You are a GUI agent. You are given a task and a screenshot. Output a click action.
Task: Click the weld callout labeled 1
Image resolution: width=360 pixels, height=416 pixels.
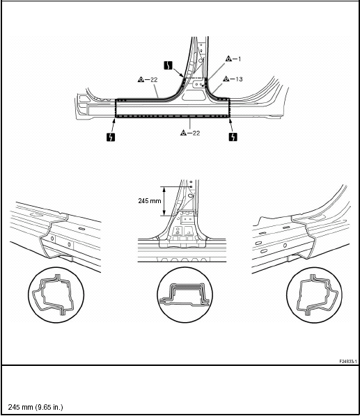[233, 58]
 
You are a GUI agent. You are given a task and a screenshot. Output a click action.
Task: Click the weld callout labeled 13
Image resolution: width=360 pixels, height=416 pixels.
[233, 79]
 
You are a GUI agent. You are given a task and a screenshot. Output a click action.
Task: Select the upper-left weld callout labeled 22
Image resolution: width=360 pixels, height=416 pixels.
[148, 79]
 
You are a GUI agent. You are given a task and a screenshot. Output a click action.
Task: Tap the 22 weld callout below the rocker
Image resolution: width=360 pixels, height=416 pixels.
[190, 133]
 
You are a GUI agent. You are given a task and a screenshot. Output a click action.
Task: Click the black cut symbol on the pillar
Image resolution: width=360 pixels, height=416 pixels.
[168, 65]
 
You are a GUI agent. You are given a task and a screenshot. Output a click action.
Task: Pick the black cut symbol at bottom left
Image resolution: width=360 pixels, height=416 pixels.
[111, 137]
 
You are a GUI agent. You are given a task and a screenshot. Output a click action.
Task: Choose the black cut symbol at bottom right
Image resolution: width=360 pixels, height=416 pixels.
[233, 137]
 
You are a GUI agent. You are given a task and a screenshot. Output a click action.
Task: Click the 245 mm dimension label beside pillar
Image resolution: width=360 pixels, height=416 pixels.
[150, 201]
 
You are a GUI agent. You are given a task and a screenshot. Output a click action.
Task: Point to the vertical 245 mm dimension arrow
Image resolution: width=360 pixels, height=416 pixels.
[164, 201]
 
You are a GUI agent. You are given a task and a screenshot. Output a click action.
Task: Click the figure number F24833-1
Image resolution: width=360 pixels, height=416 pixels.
[347, 361]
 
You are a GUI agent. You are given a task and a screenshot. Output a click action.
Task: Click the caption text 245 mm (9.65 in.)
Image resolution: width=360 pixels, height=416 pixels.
[36, 407]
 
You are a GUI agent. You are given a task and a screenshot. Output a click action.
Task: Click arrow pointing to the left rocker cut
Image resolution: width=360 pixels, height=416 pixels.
[114, 125]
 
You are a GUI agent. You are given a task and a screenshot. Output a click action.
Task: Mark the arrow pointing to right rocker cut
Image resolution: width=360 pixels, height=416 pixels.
[231, 125]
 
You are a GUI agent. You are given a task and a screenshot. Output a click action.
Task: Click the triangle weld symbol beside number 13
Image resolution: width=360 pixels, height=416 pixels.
[226, 79]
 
